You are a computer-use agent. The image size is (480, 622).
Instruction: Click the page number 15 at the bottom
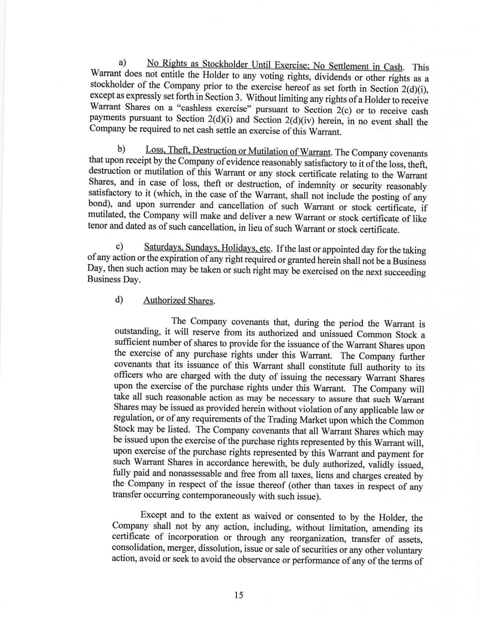click(239, 595)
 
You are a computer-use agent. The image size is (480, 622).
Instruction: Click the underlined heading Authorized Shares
click(178, 300)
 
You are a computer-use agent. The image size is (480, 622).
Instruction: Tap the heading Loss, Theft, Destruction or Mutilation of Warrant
click(238, 151)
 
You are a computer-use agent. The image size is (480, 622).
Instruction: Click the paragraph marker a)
click(122, 62)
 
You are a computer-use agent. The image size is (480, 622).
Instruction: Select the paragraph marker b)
click(121, 149)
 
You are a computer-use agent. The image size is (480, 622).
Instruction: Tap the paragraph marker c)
click(120, 246)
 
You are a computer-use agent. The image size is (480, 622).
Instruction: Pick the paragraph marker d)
click(119, 299)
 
